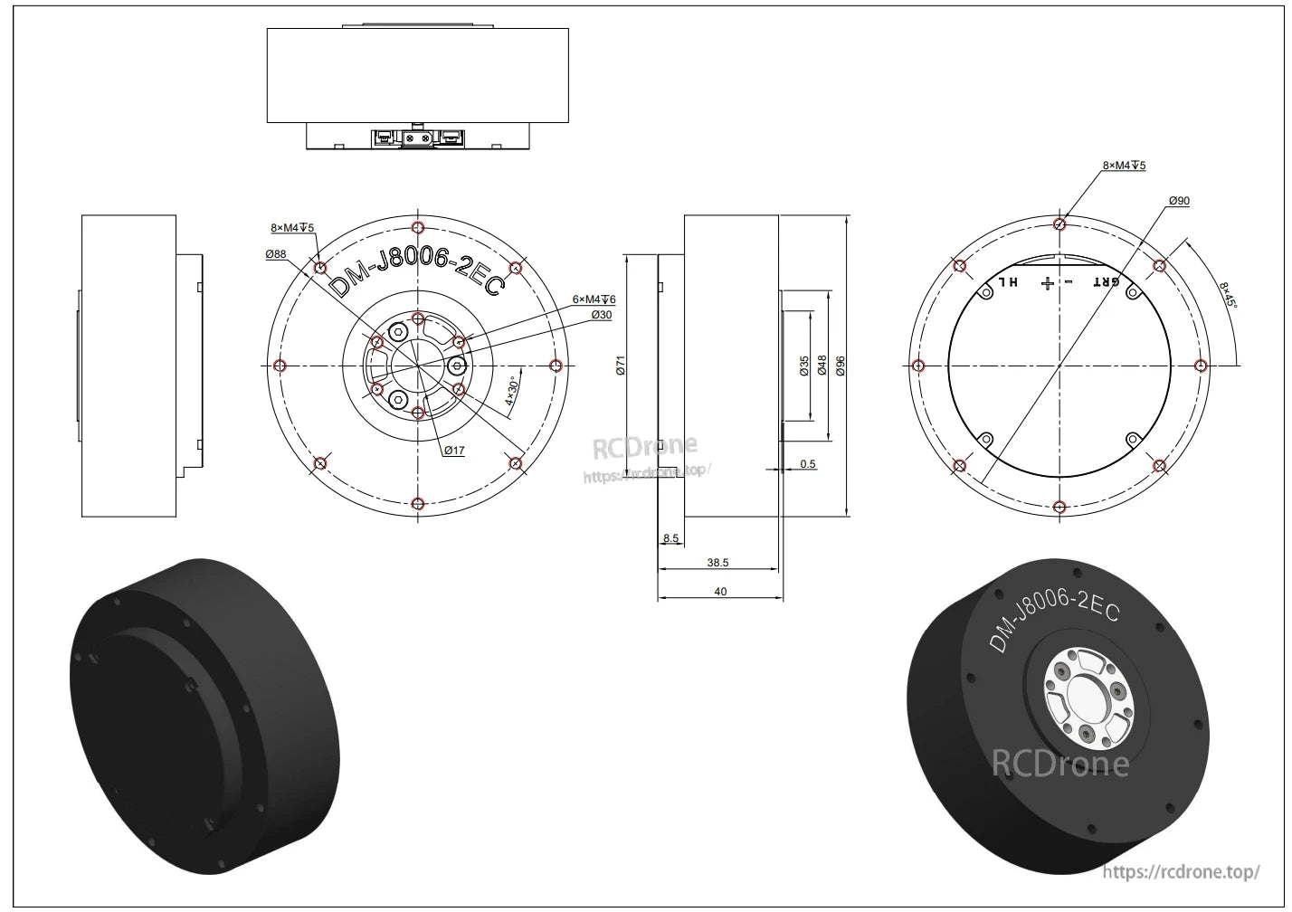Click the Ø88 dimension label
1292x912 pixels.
tap(276, 255)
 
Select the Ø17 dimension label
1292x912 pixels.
tap(453, 450)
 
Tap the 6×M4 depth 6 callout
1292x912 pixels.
tap(594, 299)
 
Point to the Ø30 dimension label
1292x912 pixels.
tap(602, 315)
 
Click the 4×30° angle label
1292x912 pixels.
tap(511, 395)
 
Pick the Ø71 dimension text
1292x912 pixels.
tap(621, 365)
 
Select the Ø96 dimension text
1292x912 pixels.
tap(841, 365)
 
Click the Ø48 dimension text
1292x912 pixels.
tap(822, 365)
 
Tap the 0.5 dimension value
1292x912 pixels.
tap(808, 464)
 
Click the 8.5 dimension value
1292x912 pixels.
tap(670, 538)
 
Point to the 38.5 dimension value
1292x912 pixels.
tap(717, 563)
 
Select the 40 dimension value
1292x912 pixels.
tap(720, 592)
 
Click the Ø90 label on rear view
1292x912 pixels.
tap(1179, 201)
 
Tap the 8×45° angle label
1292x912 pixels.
tap(1228, 294)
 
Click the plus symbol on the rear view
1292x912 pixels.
tap(1048, 283)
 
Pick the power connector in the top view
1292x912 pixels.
tap(417, 138)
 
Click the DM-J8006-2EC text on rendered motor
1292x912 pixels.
tap(1054, 617)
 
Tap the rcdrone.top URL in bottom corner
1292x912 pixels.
tap(1182, 872)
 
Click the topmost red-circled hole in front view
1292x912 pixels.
tap(417, 226)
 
